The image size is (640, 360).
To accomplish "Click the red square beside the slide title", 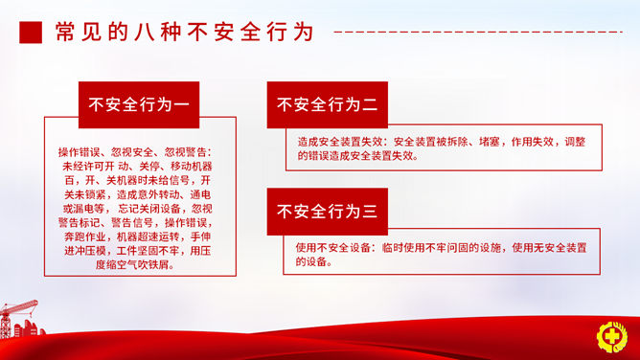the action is [31, 33].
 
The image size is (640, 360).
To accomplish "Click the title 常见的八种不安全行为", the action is [184, 32].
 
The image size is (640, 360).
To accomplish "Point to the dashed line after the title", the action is [478, 32].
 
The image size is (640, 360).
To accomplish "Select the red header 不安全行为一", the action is [139, 104].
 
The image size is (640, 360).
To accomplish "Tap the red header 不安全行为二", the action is [328, 104].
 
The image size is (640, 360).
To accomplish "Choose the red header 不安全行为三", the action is [328, 212].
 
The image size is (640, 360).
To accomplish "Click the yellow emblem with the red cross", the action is [611, 337].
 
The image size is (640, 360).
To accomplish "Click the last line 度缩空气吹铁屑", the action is [135, 264].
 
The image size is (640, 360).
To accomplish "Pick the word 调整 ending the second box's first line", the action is [575, 142].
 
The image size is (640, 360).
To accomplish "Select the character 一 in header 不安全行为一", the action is [181, 104].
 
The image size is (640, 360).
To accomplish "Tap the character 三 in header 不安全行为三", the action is [370, 212].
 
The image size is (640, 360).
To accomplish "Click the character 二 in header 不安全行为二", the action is [370, 104].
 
